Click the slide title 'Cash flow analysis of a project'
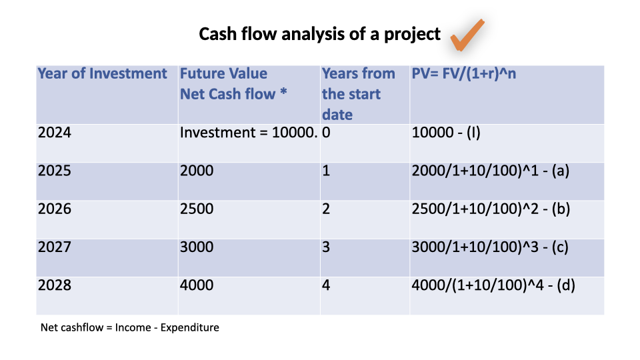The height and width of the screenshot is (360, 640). tap(319, 34)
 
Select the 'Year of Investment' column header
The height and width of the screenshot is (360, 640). tap(102, 73)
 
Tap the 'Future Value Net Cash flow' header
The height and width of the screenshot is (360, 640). tap(233, 84)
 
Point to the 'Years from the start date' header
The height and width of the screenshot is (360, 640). tap(359, 94)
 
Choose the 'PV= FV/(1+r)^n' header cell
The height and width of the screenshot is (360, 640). tap(464, 73)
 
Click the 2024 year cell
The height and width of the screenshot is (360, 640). tap(54, 132)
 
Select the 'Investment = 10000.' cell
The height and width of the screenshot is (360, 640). tap(249, 132)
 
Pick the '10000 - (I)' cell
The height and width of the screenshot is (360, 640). tap(446, 133)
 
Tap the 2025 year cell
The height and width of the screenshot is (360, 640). tap(54, 170)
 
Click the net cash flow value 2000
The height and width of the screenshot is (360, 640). tap(197, 170)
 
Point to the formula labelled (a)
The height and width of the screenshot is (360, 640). tap(490, 171)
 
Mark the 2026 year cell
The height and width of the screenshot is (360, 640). tap(54, 209)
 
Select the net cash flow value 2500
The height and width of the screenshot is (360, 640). tap(197, 209)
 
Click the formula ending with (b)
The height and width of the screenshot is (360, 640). tap(491, 209)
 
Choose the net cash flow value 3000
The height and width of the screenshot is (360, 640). tap(197, 247)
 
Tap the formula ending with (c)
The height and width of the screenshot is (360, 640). tap(490, 247)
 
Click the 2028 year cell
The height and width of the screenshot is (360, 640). tap(54, 285)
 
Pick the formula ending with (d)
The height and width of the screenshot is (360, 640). tap(493, 285)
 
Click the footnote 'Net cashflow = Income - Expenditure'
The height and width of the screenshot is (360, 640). tap(130, 327)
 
